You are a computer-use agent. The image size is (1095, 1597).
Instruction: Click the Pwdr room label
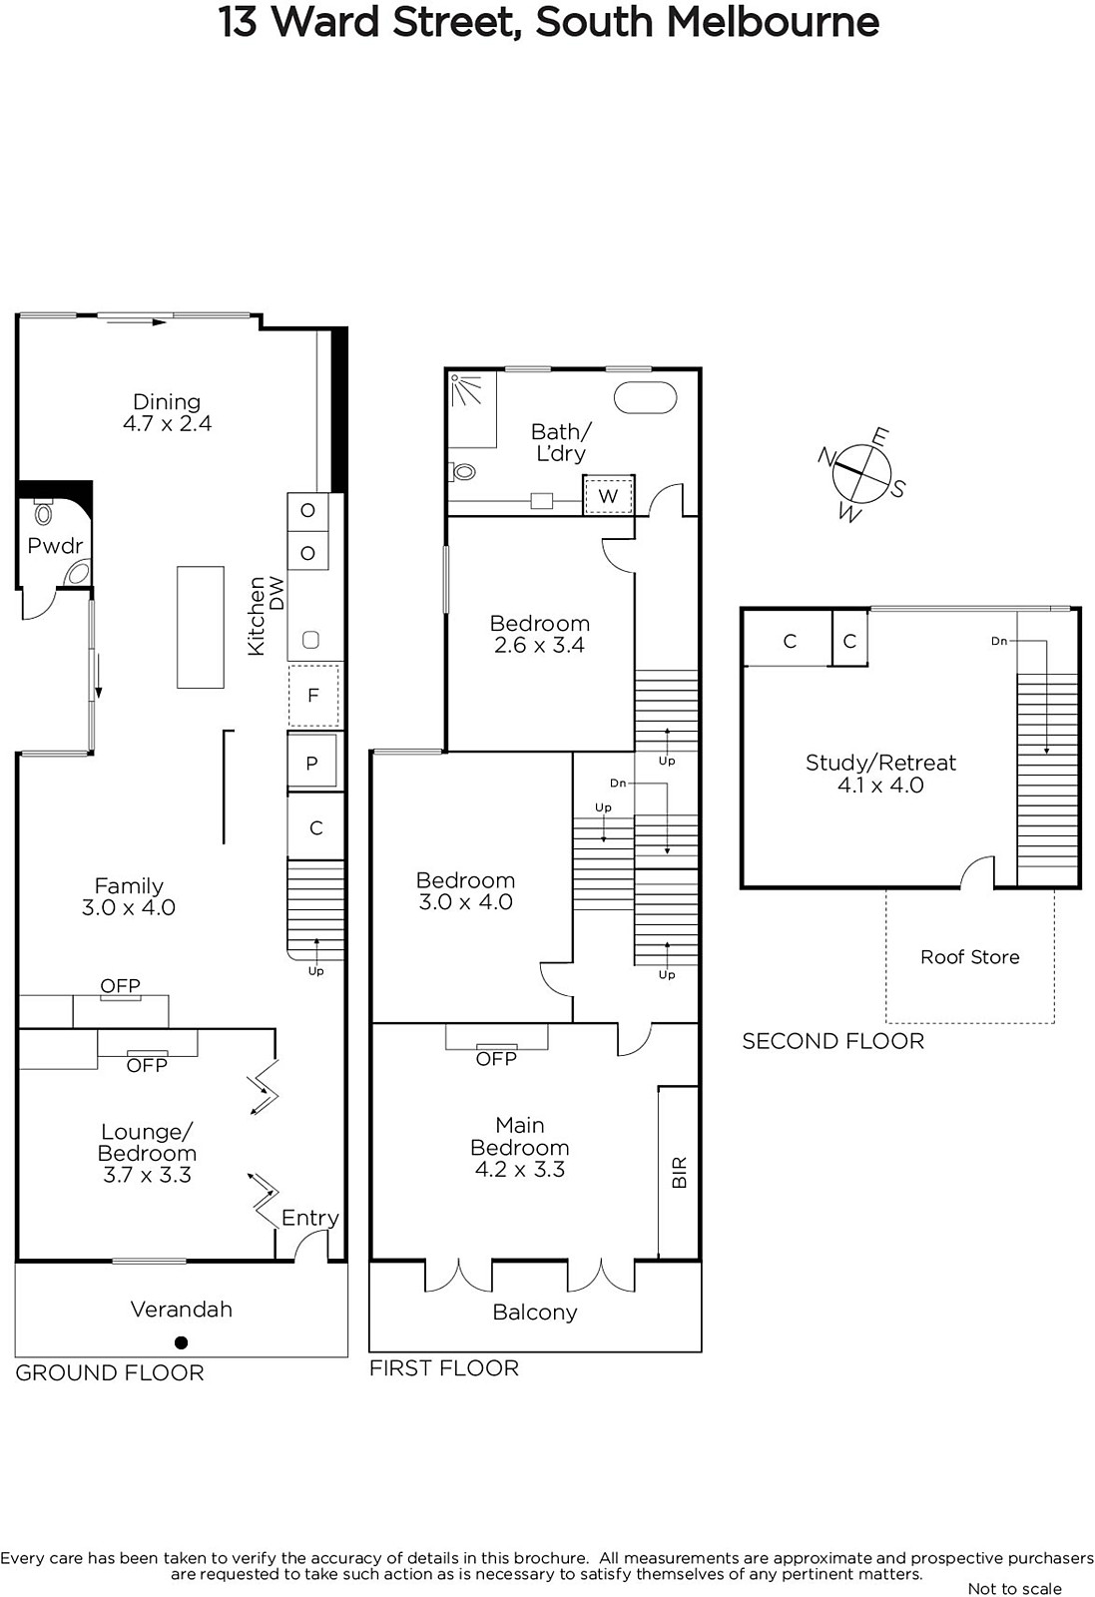[x=55, y=546]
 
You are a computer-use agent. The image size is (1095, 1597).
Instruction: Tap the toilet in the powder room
[x=44, y=510]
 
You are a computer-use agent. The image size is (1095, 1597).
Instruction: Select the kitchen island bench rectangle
[x=201, y=627]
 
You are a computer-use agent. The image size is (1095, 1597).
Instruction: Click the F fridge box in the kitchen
[x=313, y=695]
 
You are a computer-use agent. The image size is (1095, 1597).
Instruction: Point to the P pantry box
[x=311, y=763]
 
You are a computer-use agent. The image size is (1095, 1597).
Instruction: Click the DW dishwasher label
[x=276, y=593]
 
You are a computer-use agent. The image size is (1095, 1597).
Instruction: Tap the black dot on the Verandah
[x=181, y=1342]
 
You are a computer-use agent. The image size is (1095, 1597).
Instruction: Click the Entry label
[x=310, y=1218]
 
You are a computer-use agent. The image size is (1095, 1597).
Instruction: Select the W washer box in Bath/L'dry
[x=608, y=495]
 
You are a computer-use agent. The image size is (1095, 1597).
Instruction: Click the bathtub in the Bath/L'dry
[x=645, y=398]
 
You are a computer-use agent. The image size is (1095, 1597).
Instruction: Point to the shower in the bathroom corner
[x=471, y=409]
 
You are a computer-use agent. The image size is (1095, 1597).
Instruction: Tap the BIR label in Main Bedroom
[x=680, y=1172]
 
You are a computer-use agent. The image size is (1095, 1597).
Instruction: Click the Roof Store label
[x=969, y=957]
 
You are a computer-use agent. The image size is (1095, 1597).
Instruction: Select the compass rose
[x=862, y=473]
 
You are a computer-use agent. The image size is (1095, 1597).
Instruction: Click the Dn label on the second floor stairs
[x=999, y=641]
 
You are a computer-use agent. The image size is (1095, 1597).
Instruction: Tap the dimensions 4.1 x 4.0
[x=880, y=785]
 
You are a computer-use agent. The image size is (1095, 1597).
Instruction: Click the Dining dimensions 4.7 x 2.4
[x=167, y=423]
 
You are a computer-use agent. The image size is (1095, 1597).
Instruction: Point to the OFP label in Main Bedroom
[x=496, y=1059]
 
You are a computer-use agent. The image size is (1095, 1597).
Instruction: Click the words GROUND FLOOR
[x=110, y=1372]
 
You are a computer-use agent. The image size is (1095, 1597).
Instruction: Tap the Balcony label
[x=535, y=1313]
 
